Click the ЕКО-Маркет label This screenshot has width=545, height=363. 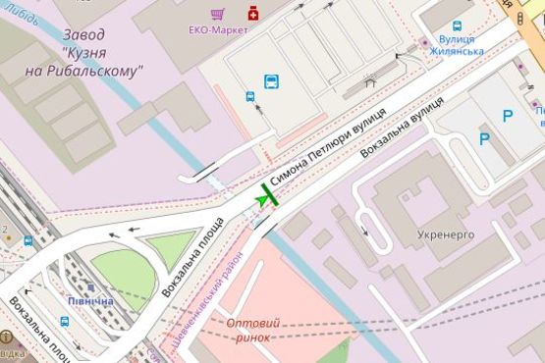[219, 30]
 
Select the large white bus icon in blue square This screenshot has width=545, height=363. [271, 81]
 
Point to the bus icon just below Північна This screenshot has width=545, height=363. [65, 321]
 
